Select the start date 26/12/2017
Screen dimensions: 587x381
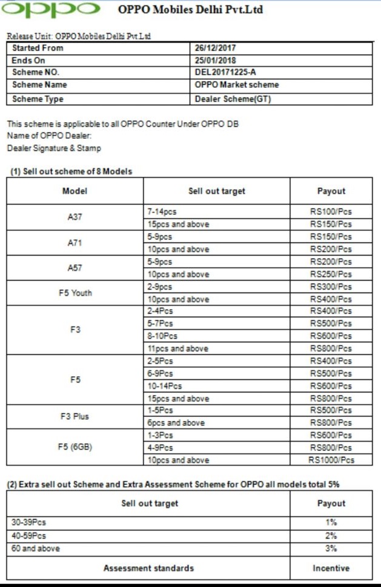click(x=216, y=48)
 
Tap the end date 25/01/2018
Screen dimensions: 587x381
click(x=216, y=61)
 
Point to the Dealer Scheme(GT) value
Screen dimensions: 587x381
click(x=233, y=99)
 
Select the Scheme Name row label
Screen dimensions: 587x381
click(x=39, y=85)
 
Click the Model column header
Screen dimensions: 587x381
click(x=75, y=191)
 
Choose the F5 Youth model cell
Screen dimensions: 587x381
click(x=75, y=293)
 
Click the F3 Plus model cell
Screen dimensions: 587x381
click(x=75, y=417)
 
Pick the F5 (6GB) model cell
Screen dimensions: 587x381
click(x=75, y=448)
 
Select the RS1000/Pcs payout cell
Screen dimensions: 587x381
click(x=331, y=460)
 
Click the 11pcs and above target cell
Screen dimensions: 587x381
click(x=178, y=349)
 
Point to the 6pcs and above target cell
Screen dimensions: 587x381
click(x=176, y=423)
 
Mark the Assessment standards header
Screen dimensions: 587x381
click(x=148, y=568)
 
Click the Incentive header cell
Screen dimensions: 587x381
click(x=331, y=568)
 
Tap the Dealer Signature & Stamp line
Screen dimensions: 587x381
click(x=54, y=148)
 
